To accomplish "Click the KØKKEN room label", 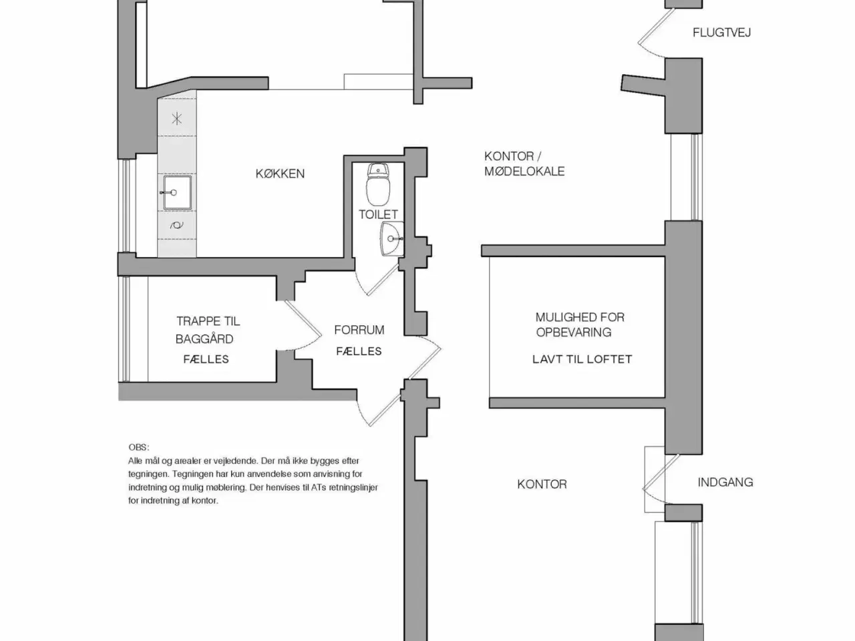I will click(280, 174).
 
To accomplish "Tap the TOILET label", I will click(378, 214).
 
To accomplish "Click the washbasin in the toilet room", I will click(392, 238).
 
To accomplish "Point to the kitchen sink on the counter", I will click(176, 192).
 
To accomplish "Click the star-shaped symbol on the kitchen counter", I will click(177, 120).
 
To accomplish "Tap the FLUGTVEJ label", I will click(721, 32).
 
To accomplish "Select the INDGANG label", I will click(725, 482).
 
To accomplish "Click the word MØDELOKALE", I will click(524, 172).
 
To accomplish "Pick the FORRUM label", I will click(359, 330).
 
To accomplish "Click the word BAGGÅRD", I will click(204, 339).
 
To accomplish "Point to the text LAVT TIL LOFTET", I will click(582, 359).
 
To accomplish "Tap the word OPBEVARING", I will click(573, 332).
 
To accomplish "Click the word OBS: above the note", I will click(139, 447).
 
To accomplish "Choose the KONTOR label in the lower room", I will click(542, 484).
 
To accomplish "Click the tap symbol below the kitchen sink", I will click(177, 226).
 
